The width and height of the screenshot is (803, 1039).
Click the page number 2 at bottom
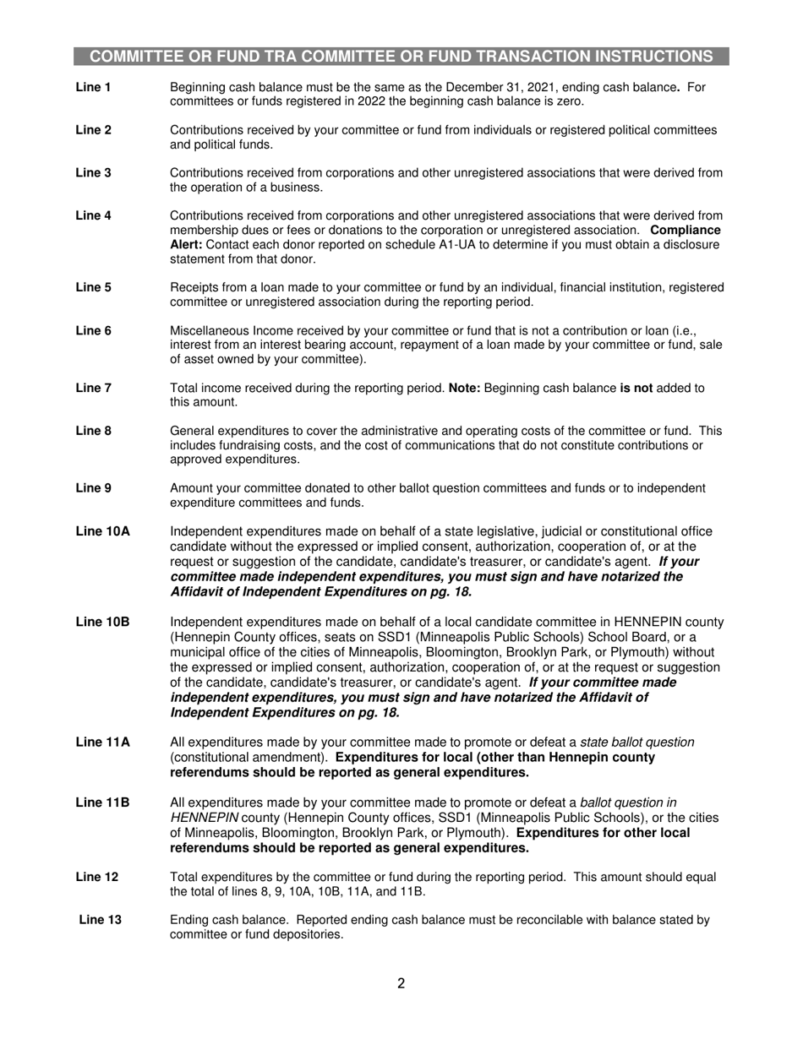(x=401, y=983)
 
